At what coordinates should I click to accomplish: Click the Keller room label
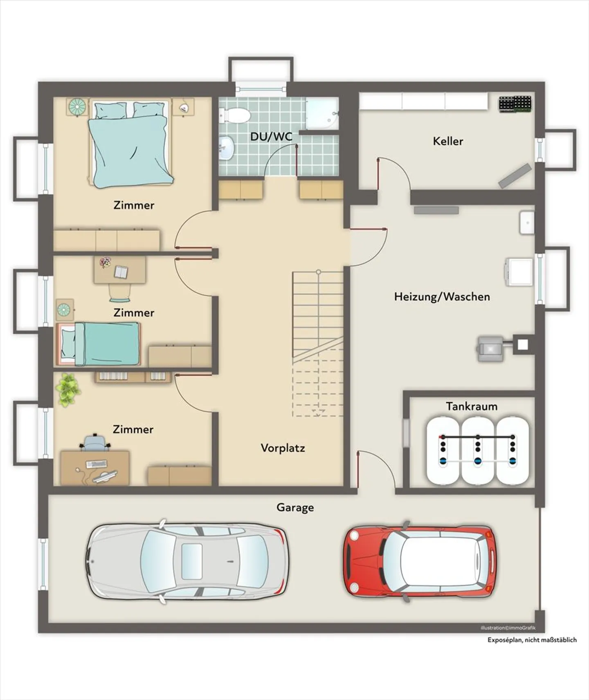coord(448,141)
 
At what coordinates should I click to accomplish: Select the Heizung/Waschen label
coord(442,297)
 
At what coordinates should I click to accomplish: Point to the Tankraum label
coord(472,406)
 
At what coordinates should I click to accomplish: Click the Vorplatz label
coord(283,448)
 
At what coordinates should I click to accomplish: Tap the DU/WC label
coord(271,137)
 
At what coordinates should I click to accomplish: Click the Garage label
coord(295,508)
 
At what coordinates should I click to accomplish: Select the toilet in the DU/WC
coord(234,115)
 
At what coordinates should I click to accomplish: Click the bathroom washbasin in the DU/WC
coord(226,148)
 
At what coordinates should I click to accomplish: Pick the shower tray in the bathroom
coord(322,113)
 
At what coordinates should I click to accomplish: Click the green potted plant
coord(67,389)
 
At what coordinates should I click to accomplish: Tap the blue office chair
coord(95,442)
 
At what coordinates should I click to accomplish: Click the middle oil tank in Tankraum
coord(477,450)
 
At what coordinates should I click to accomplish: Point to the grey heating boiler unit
coord(491,349)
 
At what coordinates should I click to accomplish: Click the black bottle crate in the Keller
coord(515,104)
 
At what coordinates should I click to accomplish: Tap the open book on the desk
coord(121,272)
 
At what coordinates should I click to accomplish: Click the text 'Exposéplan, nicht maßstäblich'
coord(532,640)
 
